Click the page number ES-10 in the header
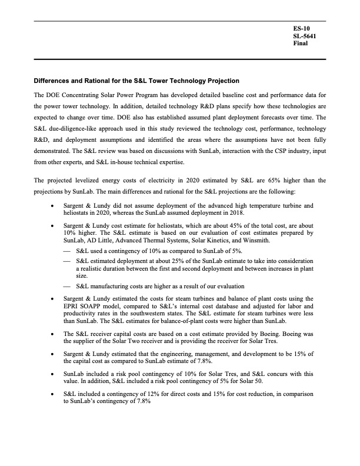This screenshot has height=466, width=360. click(301, 28)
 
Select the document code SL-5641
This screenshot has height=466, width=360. click(305, 36)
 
